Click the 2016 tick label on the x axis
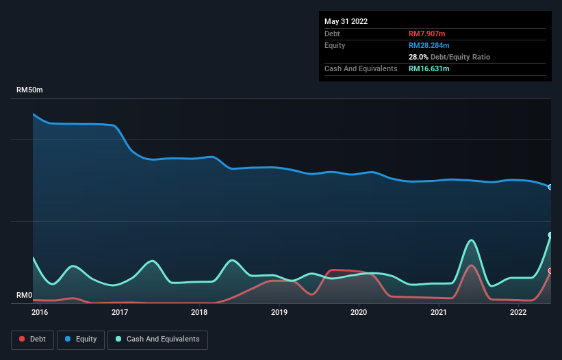coord(40,313)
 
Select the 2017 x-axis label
coord(120,313)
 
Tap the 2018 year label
coord(199,313)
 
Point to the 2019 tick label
coord(279,313)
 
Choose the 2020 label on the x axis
coord(359,313)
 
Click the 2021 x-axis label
coord(439,313)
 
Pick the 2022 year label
coord(518,313)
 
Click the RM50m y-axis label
coord(30,90)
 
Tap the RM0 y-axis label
coord(25,296)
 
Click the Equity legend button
coord(81,339)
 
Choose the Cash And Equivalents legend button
coord(157,339)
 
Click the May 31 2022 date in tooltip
coord(346,21)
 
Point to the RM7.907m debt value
coord(427,34)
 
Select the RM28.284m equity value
coord(430,45)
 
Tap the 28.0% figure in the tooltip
coord(418,57)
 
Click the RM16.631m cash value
coord(429,68)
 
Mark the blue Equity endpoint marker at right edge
coord(550,187)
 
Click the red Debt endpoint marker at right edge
coord(550,271)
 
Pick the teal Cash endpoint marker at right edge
coord(550,235)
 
